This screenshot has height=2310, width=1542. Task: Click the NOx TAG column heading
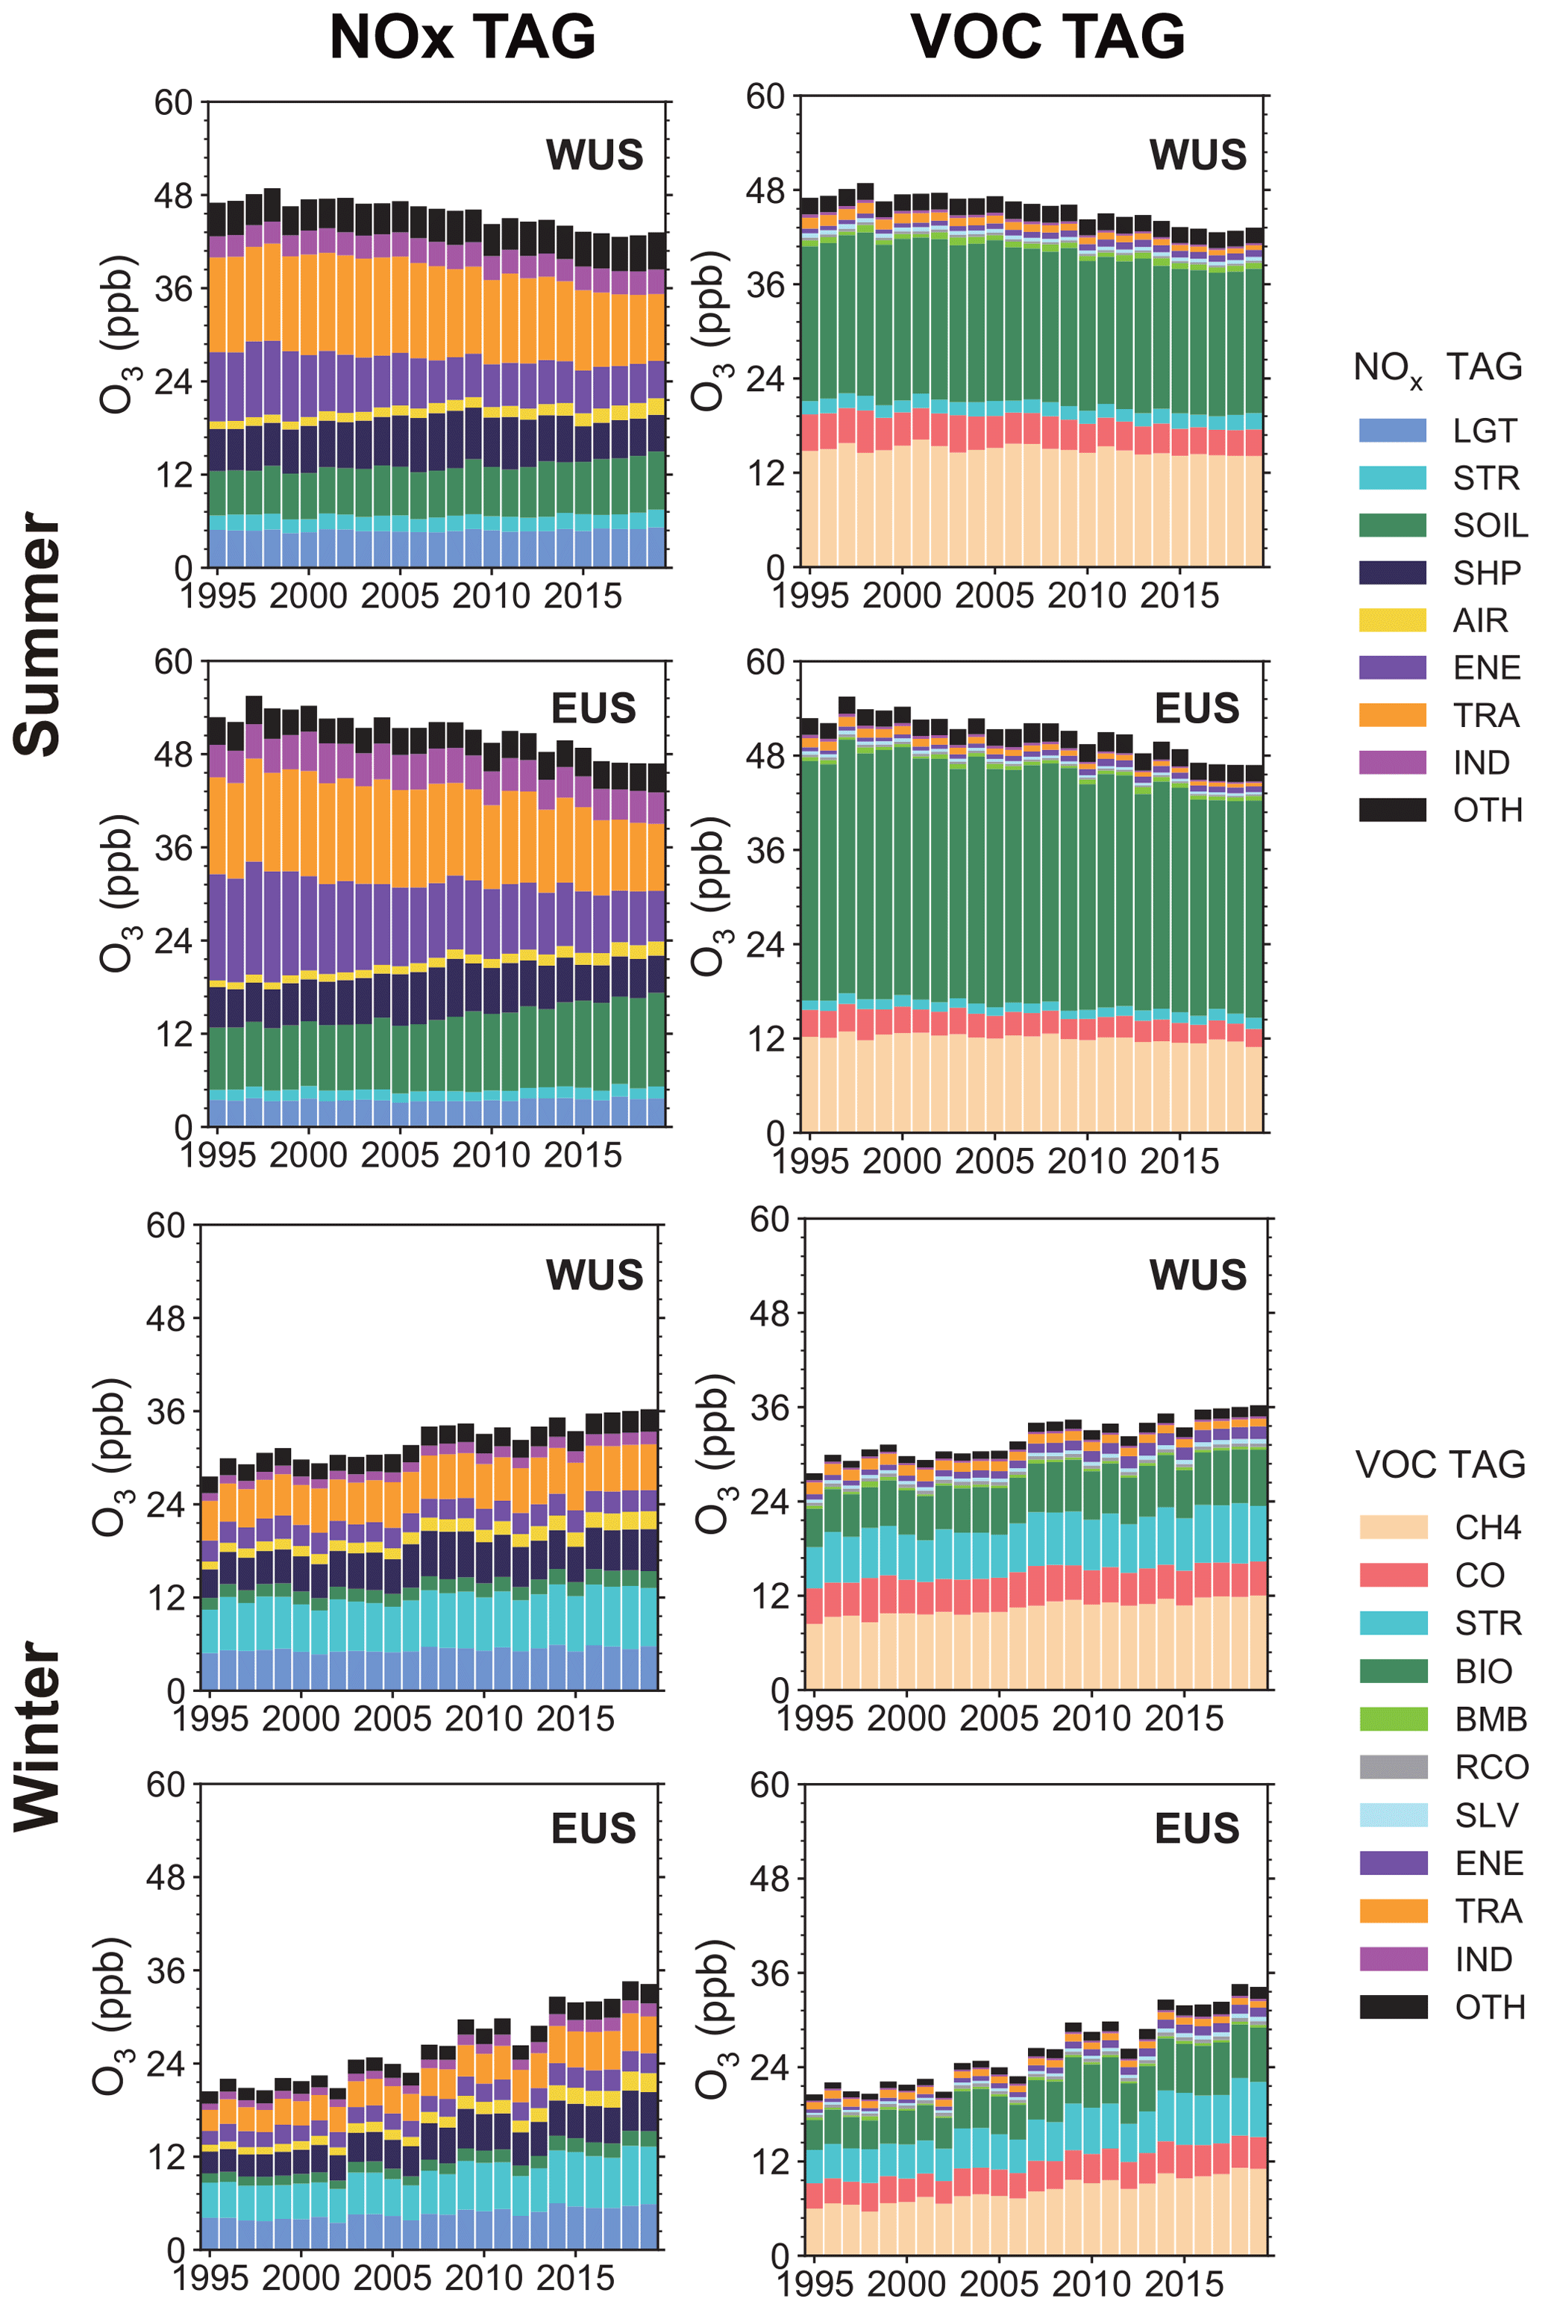(463, 37)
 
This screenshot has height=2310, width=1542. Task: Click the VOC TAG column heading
(1048, 37)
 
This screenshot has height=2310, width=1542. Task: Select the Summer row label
(40, 634)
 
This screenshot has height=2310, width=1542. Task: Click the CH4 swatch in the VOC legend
(1393, 1527)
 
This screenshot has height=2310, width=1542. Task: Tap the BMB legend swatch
(1393, 1719)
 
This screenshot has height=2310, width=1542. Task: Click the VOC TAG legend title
(1440, 1464)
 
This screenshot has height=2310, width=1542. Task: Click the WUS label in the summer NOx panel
(594, 155)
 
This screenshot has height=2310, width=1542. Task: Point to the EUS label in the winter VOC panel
(1197, 1828)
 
